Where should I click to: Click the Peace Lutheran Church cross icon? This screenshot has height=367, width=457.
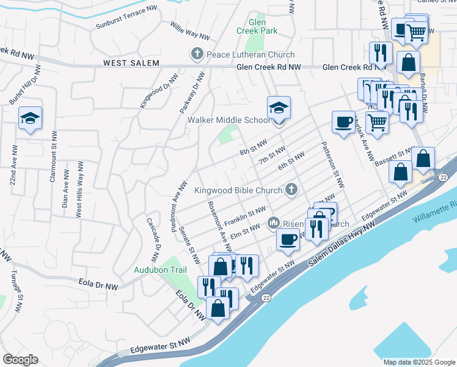[197, 54]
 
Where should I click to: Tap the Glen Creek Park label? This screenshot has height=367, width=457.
[257, 26]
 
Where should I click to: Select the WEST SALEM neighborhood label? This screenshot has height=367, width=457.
[131, 63]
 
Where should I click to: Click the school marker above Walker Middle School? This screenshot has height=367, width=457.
[279, 108]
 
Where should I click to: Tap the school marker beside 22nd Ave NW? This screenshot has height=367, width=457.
[29, 119]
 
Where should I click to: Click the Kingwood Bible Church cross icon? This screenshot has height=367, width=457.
[291, 190]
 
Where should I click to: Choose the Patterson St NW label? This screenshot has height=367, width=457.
[334, 166]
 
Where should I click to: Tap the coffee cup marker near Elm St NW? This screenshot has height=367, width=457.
[288, 239]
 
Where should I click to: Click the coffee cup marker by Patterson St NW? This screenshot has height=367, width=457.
[343, 121]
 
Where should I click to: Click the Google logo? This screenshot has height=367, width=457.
[20, 359]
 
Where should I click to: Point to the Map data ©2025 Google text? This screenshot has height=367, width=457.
[419, 362]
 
